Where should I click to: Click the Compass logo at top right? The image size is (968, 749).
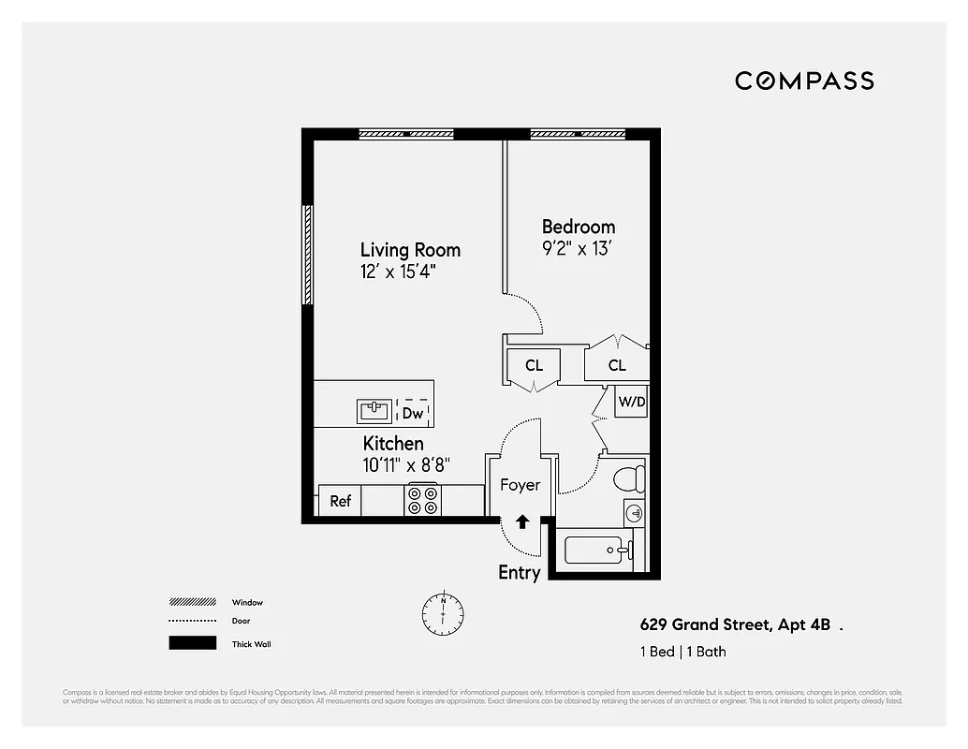click(804, 81)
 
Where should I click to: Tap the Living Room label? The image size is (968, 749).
click(410, 250)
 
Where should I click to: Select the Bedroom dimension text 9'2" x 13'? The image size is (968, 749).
click(579, 249)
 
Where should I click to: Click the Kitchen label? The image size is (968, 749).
click(393, 443)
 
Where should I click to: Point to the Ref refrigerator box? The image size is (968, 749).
click(340, 501)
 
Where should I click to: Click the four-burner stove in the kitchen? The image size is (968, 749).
click(422, 500)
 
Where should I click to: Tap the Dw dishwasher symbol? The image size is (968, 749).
click(413, 413)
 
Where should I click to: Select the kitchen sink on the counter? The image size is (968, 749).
click(374, 411)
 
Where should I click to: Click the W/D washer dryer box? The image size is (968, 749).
click(631, 402)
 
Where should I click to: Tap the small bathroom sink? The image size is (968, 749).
click(635, 513)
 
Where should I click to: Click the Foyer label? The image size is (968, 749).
click(520, 485)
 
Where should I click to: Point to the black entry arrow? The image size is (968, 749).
click(522, 521)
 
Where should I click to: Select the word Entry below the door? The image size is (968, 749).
click(519, 573)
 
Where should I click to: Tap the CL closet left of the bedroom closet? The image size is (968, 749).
click(534, 365)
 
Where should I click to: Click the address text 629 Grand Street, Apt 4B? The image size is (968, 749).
click(733, 624)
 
